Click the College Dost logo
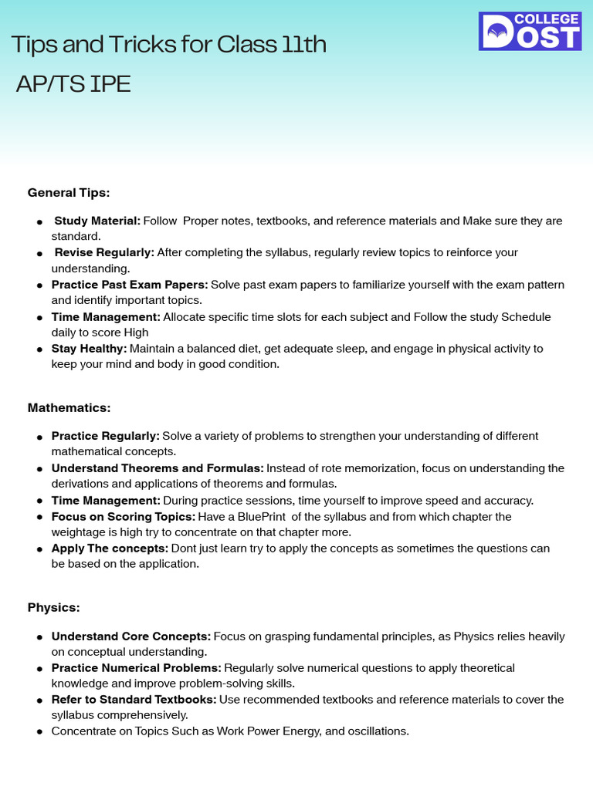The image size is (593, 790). click(530, 31)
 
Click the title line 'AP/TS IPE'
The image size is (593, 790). click(73, 84)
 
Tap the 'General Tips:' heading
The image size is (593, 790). click(69, 192)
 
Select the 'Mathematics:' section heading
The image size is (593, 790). click(69, 407)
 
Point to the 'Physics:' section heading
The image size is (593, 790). click(54, 608)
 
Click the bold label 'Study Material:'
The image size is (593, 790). click(97, 221)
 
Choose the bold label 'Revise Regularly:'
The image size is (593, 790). click(104, 253)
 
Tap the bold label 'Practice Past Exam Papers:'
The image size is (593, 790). click(130, 285)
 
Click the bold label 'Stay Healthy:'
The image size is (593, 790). click(89, 349)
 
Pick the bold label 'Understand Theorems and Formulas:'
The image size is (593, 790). click(158, 468)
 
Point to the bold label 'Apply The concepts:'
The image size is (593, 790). click(110, 549)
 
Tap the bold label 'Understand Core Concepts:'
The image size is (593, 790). click(130, 636)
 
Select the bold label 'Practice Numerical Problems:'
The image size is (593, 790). click(137, 668)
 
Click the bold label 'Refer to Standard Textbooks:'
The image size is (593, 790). click(134, 700)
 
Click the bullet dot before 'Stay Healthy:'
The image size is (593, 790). click(39, 349)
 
